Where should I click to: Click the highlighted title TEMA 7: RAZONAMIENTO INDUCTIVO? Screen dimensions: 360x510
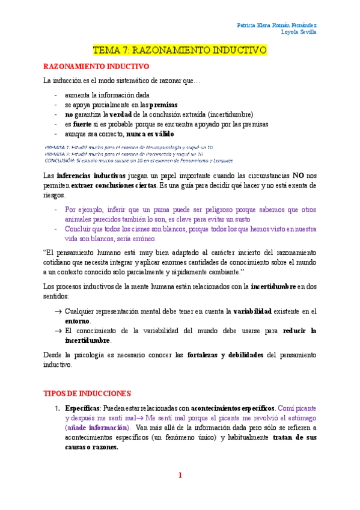coord(180,51)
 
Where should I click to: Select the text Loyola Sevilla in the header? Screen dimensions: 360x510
coord(299,32)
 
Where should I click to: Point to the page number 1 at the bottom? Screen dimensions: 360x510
coord(180,475)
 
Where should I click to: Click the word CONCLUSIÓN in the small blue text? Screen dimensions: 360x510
coord(59,161)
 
